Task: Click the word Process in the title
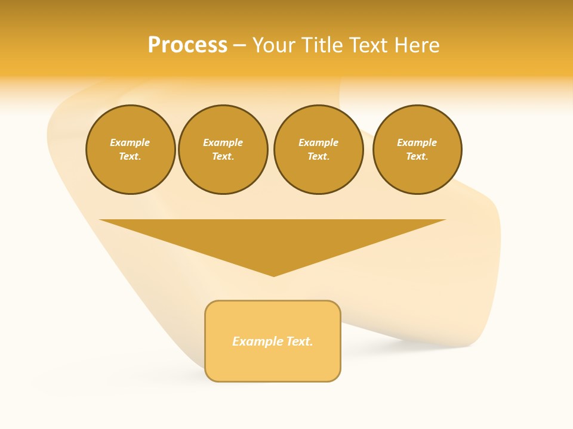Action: [187, 45]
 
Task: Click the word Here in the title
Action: [418, 45]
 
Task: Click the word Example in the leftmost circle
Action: [130, 142]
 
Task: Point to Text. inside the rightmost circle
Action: [417, 157]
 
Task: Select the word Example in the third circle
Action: [319, 142]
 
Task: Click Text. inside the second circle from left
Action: [223, 157]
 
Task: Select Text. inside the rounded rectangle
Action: [300, 341]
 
